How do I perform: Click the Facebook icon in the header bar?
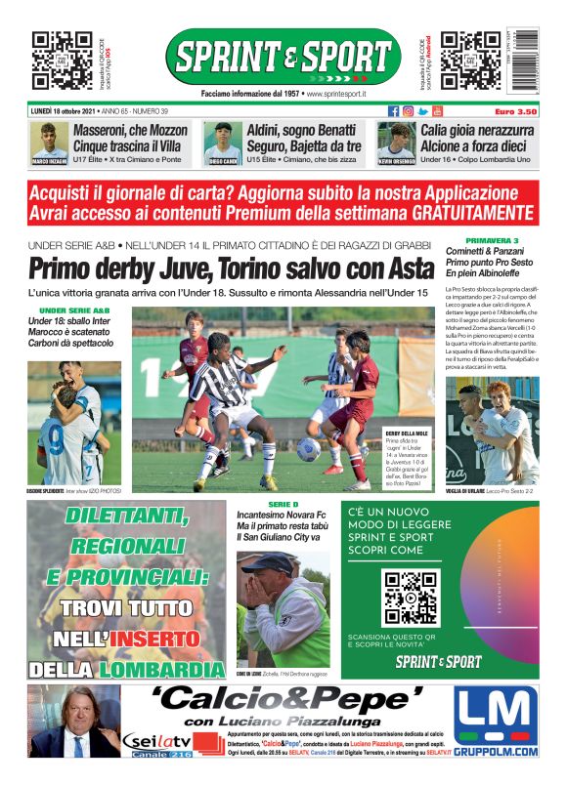[394, 111]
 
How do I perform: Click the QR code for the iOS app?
[63, 60]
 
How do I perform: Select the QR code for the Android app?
[470, 60]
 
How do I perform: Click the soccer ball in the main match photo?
[309, 449]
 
